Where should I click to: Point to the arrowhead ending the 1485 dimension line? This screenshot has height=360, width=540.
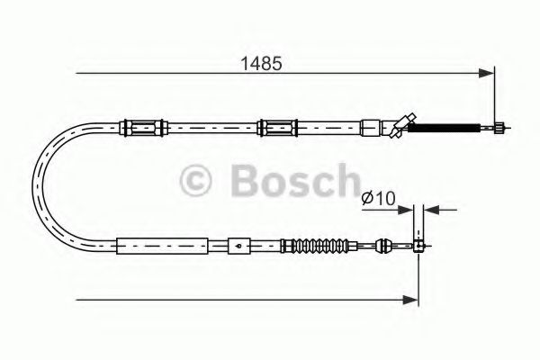tap(489, 71)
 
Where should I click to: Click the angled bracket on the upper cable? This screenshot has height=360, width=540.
tap(400, 125)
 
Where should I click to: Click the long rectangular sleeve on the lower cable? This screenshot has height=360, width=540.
tap(162, 244)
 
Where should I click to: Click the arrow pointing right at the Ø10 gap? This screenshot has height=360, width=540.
tap(408, 210)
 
